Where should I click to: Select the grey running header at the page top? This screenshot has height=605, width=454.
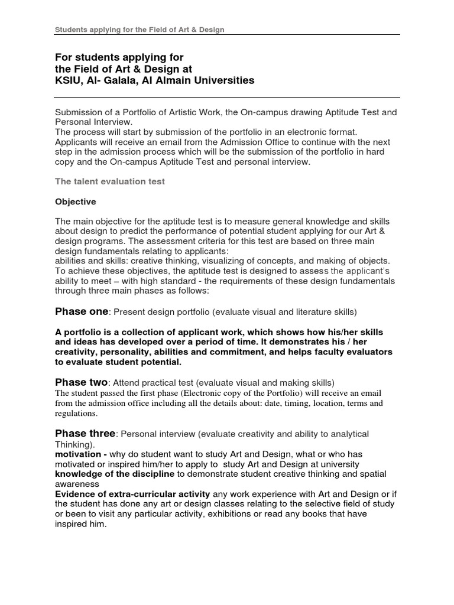pyautogui.click(x=140, y=30)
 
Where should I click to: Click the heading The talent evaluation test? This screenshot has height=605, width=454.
pyautogui.click(x=110, y=181)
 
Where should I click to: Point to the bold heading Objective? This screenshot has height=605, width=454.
pyautogui.click(x=75, y=201)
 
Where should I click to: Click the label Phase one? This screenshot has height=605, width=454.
pyautogui.click(x=82, y=311)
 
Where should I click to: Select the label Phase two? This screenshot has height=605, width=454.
pyautogui.click(x=82, y=382)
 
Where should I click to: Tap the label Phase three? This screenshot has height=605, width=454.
pyautogui.click(x=85, y=434)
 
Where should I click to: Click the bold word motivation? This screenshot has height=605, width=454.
pyautogui.click(x=79, y=454)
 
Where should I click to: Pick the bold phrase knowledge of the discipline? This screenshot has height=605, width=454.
pyautogui.click(x=115, y=474)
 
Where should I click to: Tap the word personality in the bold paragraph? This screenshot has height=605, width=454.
pyautogui.click(x=127, y=352)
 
